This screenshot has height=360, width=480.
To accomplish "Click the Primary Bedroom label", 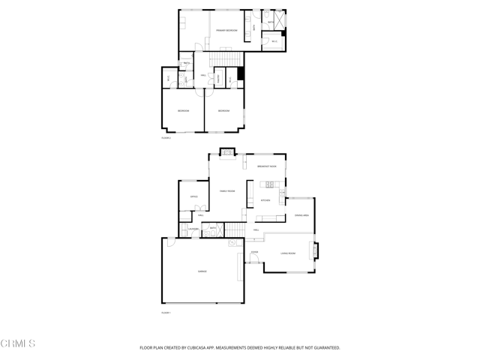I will click(x=226, y=30).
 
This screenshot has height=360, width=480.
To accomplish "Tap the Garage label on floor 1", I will click(x=202, y=271).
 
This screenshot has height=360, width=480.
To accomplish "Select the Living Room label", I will click(x=288, y=253).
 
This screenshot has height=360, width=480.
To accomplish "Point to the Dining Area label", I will click(x=301, y=216).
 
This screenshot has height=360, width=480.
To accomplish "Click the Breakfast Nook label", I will click(x=267, y=166).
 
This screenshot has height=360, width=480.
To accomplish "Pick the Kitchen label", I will click(x=265, y=200).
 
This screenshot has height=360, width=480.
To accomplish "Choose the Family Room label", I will click(x=227, y=191).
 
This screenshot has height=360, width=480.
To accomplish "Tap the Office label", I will click(x=193, y=196).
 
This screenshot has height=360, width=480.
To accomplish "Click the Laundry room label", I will click(x=192, y=229).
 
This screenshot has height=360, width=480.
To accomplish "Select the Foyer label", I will click(x=255, y=252).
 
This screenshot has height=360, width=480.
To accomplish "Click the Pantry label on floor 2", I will click(x=218, y=77).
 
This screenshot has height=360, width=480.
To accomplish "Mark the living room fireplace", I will click(x=316, y=249).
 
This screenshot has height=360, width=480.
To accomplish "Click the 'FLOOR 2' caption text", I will click(x=166, y=138).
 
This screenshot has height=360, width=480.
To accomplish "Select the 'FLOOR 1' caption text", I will click(x=166, y=312).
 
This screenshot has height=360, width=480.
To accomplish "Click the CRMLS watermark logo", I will click(x=18, y=343).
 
